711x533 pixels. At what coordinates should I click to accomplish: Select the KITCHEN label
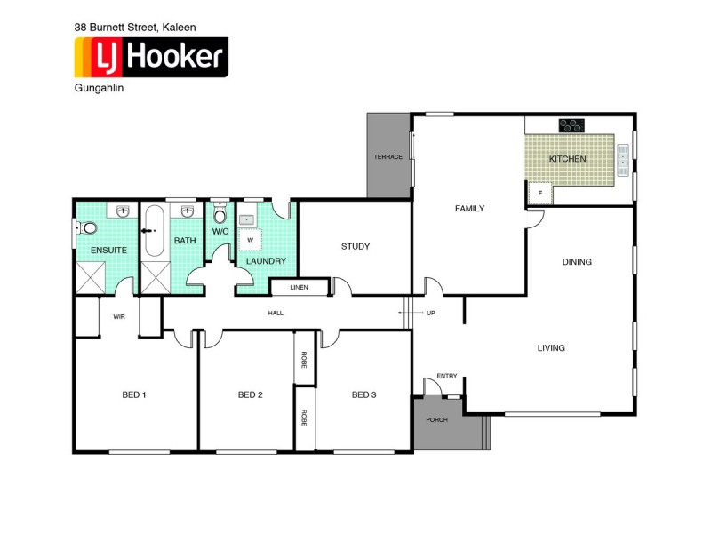click(x=567, y=159)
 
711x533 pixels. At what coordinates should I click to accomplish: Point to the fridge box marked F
click(x=538, y=193)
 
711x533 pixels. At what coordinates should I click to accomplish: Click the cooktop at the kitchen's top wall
click(x=571, y=125)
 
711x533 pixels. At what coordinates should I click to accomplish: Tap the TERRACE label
click(x=387, y=157)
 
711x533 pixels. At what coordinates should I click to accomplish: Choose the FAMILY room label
click(x=469, y=209)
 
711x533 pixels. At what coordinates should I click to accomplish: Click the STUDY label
click(x=355, y=246)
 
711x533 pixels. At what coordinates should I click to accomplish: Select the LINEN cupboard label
click(x=299, y=287)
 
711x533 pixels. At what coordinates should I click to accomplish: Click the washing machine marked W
click(x=250, y=240)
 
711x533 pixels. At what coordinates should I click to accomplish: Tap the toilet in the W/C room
click(x=220, y=216)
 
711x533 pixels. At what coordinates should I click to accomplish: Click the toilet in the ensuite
click(x=87, y=228)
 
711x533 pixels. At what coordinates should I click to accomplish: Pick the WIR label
click(x=118, y=316)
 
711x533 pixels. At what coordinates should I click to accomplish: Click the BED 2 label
click(x=250, y=394)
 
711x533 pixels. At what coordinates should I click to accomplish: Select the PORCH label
click(x=436, y=419)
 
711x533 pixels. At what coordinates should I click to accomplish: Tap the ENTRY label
click(x=446, y=376)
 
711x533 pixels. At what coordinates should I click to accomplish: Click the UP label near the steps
click(x=431, y=313)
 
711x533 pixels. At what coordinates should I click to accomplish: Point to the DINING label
click(x=577, y=262)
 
